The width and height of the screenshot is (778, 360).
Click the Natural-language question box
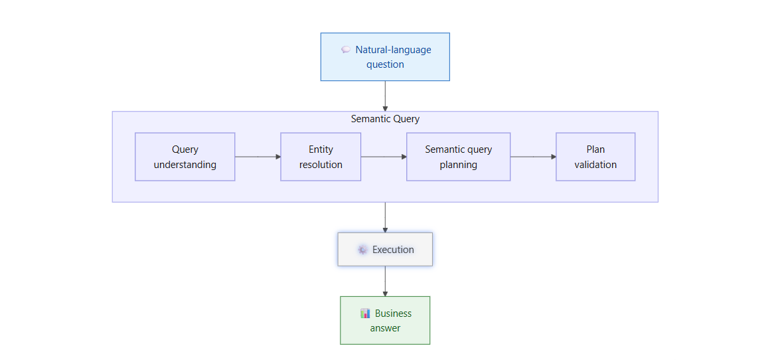tap(385, 56)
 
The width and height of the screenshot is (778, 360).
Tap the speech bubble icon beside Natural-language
tap(346, 50)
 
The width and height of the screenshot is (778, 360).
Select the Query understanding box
tap(185, 156)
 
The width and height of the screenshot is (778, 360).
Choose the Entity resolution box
tap(321, 156)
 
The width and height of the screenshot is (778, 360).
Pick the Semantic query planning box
tap(459, 156)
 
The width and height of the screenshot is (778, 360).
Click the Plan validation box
tap(595, 156)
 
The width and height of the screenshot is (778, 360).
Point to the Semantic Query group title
tap(385, 119)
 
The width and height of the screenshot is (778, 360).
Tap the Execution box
tap(385, 249)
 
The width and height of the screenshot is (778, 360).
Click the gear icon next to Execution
tap(362, 250)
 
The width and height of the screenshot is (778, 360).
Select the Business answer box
tap(385, 320)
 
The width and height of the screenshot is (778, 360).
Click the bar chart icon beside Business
tap(365, 314)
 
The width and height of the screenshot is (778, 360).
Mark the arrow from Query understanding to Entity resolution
tap(258, 156)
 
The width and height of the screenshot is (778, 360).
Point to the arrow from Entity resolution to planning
tap(384, 156)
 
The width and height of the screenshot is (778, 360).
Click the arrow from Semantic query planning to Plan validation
tap(534, 156)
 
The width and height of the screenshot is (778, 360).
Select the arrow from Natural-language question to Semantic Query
tap(385, 96)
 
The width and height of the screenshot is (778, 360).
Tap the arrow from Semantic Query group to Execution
tap(385, 217)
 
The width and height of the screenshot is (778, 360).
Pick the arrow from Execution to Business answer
tap(385, 282)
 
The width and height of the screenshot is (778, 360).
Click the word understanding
tap(185, 164)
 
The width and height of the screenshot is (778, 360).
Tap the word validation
tap(595, 164)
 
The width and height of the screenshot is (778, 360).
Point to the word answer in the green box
tap(385, 327)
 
